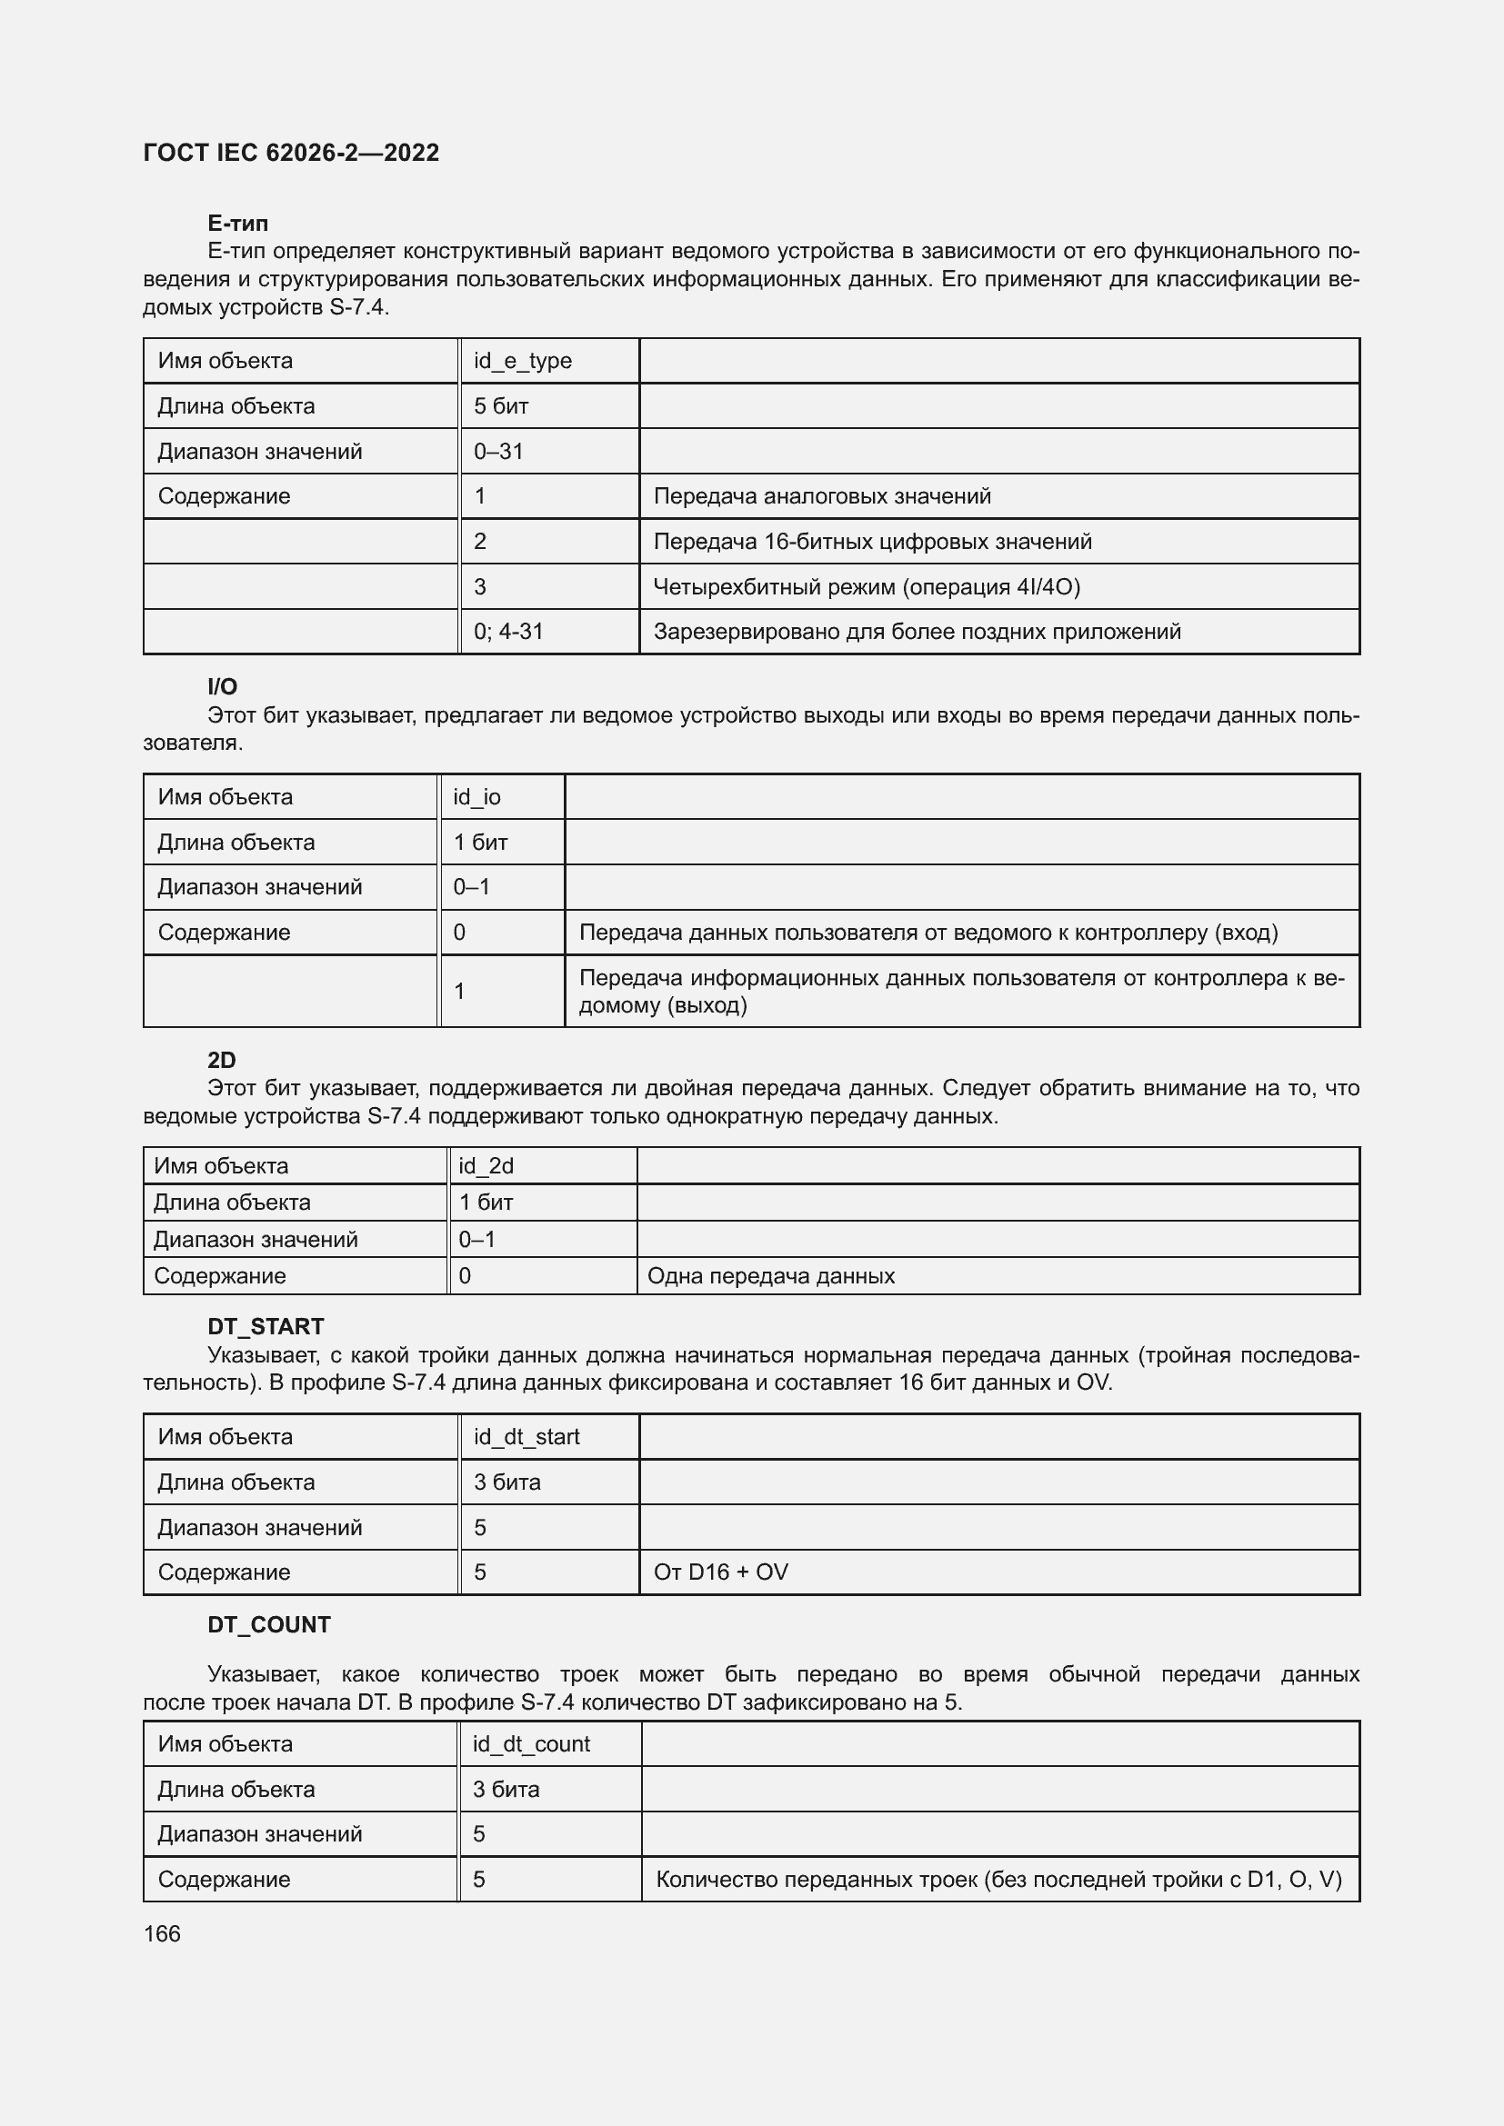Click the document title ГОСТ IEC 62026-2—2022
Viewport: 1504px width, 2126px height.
pyautogui.click(x=291, y=153)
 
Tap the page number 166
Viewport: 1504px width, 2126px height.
pyautogui.click(x=162, y=1933)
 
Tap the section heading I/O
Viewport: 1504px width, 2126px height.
pyautogui.click(x=222, y=686)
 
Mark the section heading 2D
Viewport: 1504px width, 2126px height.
pyautogui.click(x=221, y=1059)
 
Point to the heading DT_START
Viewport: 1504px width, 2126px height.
pyautogui.click(x=265, y=1326)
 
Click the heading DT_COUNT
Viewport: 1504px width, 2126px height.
pyautogui.click(x=268, y=1624)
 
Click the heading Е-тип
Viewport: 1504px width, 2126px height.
pyautogui.click(x=238, y=224)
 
